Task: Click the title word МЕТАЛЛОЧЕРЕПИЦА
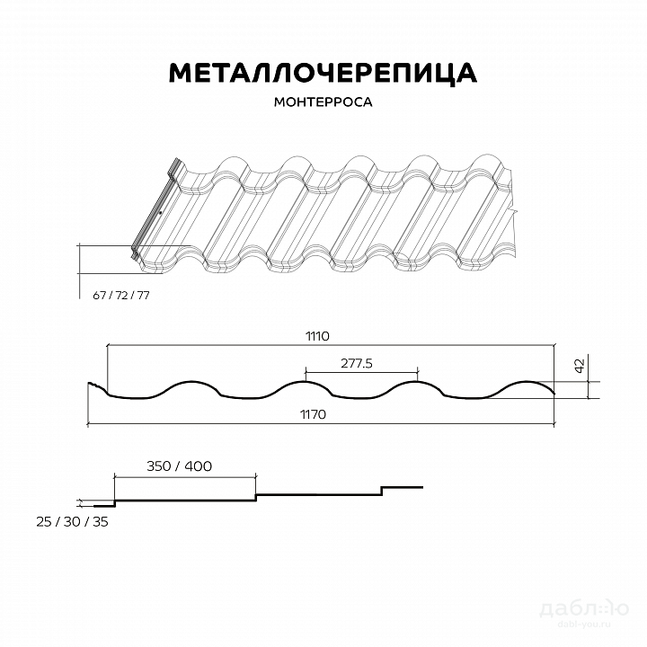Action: pos(323,73)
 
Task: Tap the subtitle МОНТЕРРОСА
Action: pos(323,102)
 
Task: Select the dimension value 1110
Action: pos(317,336)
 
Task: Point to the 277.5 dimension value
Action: pos(357,363)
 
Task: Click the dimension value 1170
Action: pos(313,414)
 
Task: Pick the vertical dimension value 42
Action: pos(580,366)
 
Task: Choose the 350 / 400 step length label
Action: pos(179,466)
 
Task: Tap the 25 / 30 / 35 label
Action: pos(72,522)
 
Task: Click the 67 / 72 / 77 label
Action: pos(121,296)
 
